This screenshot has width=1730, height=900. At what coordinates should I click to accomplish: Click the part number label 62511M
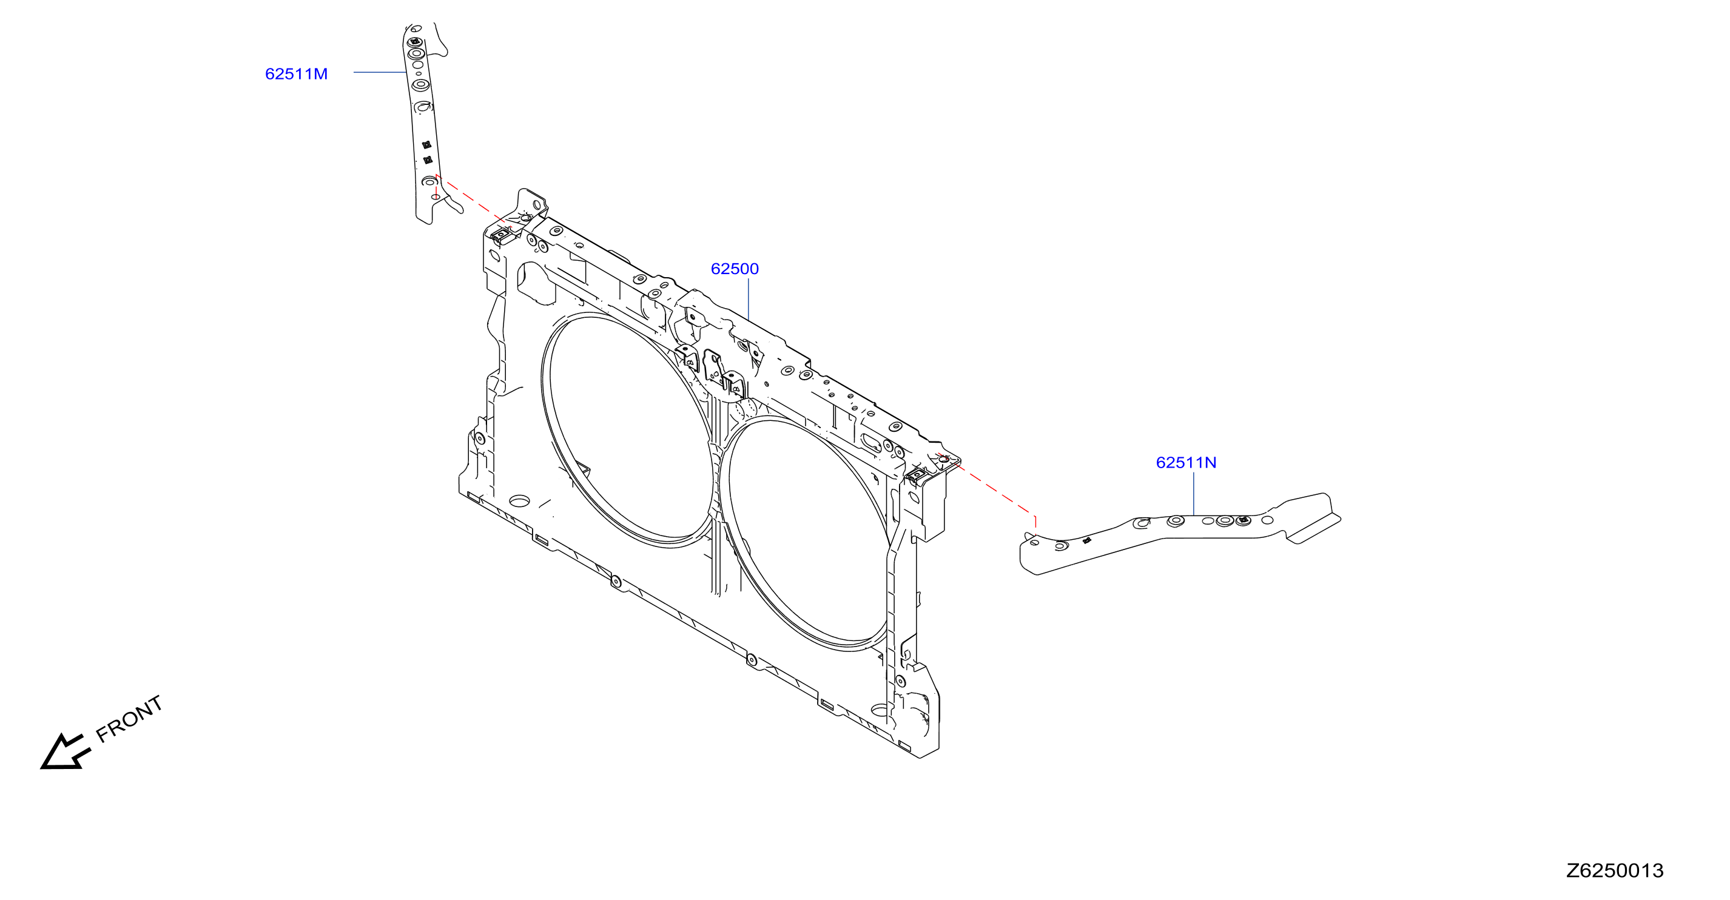(x=296, y=74)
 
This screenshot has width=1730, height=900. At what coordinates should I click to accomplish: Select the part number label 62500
(x=735, y=269)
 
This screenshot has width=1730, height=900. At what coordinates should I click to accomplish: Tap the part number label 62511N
(x=1186, y=463)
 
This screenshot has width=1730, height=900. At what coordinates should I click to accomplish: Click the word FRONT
(x=130, y=719)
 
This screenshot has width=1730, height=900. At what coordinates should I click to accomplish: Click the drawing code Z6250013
(x=1615, y=870)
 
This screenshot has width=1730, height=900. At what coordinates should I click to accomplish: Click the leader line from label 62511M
(x=380, y=72)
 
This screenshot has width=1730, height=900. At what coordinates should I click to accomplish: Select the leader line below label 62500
(x=748, y=300)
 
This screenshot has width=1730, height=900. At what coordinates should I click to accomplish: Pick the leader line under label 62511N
(x=1193, y=494)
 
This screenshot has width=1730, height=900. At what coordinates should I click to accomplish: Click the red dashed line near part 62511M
(x=474, y=201)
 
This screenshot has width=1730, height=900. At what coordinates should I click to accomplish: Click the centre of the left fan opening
(x=628, y=430)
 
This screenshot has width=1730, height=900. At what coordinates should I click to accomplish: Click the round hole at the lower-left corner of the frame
(x=519, y=501)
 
